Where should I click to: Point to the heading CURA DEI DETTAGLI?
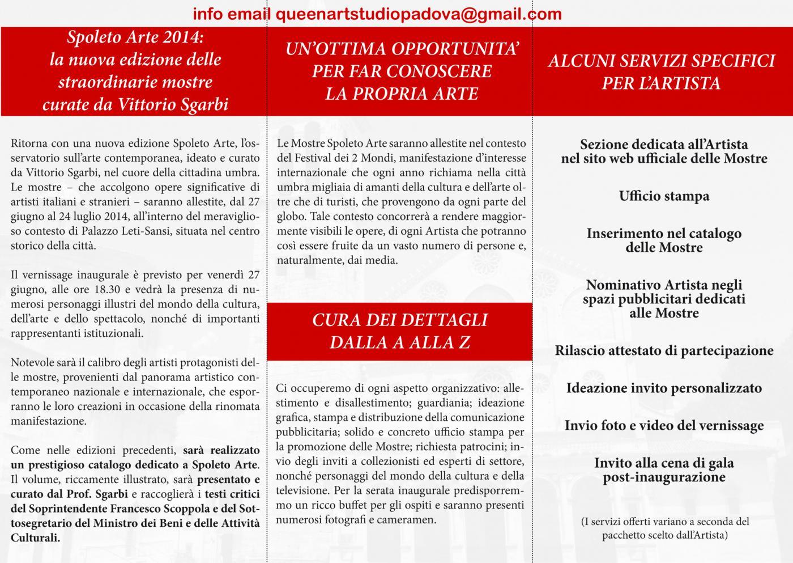pyautogui.click(x=399, y=320)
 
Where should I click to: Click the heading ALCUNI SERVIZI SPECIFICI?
pyautogui.click(x=661, y=61)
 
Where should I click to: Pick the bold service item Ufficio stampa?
pyautogui.click(x=664, y=196)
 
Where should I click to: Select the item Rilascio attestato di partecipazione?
pyautogui.click(x=664, y=351)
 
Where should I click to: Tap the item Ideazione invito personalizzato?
pyautogui.click(x=664, y=388)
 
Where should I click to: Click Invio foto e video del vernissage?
pyautogui.click(x=664, y=426)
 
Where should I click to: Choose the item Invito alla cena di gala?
pyautogui.click(x=664, y=463)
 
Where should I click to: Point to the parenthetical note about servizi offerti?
pyautogui.click(x=664, y=528)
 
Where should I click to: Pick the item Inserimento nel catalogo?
pyautogui.click(x=664, y=234)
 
